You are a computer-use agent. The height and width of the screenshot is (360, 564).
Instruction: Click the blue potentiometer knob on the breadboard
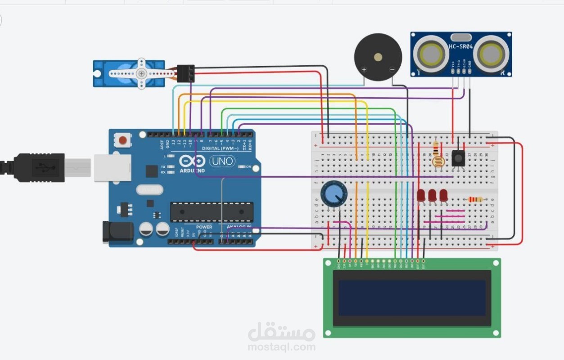[334, 194]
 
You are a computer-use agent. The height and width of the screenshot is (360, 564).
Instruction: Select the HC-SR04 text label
[460, 46]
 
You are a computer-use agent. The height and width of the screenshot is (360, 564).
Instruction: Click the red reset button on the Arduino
[122, 140]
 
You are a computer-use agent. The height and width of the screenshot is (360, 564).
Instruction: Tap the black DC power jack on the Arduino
[118, 232]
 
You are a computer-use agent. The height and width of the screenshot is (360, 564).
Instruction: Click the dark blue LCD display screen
[412, 297]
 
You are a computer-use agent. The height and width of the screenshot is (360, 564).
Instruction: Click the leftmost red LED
[421, 196]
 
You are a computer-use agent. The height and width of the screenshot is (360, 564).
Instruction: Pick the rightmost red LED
[443, 196]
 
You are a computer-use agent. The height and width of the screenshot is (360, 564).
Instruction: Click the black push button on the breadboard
[458, 157]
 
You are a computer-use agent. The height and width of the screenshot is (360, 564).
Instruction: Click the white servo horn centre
[141, 73]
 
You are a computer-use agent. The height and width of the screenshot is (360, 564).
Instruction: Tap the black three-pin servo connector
[185, 73]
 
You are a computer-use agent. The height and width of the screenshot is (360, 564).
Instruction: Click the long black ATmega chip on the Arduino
[212, 212]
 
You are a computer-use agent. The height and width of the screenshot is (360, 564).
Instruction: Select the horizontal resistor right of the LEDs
[475, 199]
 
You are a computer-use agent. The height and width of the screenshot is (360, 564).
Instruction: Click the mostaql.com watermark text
[281, 347]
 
